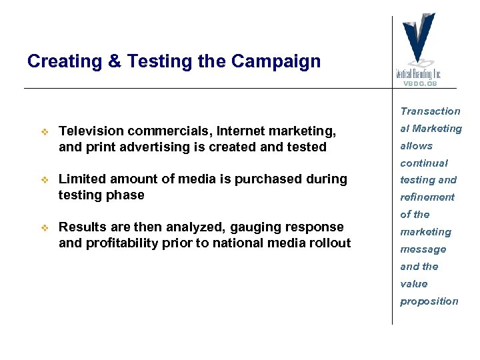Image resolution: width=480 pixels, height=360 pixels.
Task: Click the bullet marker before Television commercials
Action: (45, 131)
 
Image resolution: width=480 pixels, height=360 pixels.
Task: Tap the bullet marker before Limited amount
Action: (45, 179)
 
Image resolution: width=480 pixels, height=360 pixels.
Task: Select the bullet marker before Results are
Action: (45, 227)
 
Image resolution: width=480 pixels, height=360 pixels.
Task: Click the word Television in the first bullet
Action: (90, 131)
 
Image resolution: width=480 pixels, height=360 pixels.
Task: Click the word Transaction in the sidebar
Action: (430, 111)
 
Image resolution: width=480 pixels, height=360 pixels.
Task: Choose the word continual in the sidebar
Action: (424, 163)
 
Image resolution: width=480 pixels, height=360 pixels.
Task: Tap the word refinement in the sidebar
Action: (427, 197)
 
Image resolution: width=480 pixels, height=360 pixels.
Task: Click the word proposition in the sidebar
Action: (429, 301)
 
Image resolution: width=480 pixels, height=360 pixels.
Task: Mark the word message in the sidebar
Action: (423, 249)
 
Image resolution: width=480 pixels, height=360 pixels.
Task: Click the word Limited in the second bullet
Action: (81, 179)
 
